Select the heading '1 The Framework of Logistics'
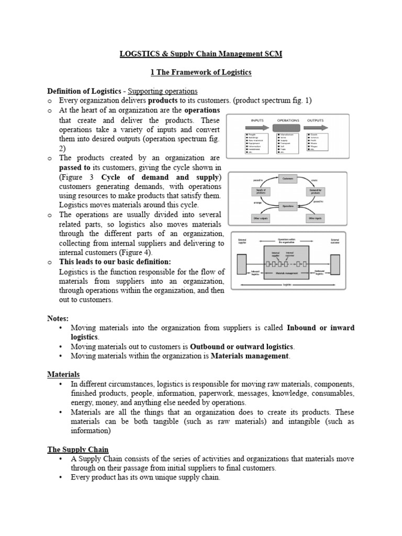pyautogui.click(x=201, y=72)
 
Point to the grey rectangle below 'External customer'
pyautogui.click(x=335, y=263)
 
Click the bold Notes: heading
pyautogui.click(x=58, y=318)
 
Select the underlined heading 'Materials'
pyautogui.click(x=63, y=374)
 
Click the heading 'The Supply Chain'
pyautogui.click(x=78, y=449)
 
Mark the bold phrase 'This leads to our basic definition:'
pyautogui.click(x=115, y=262)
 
